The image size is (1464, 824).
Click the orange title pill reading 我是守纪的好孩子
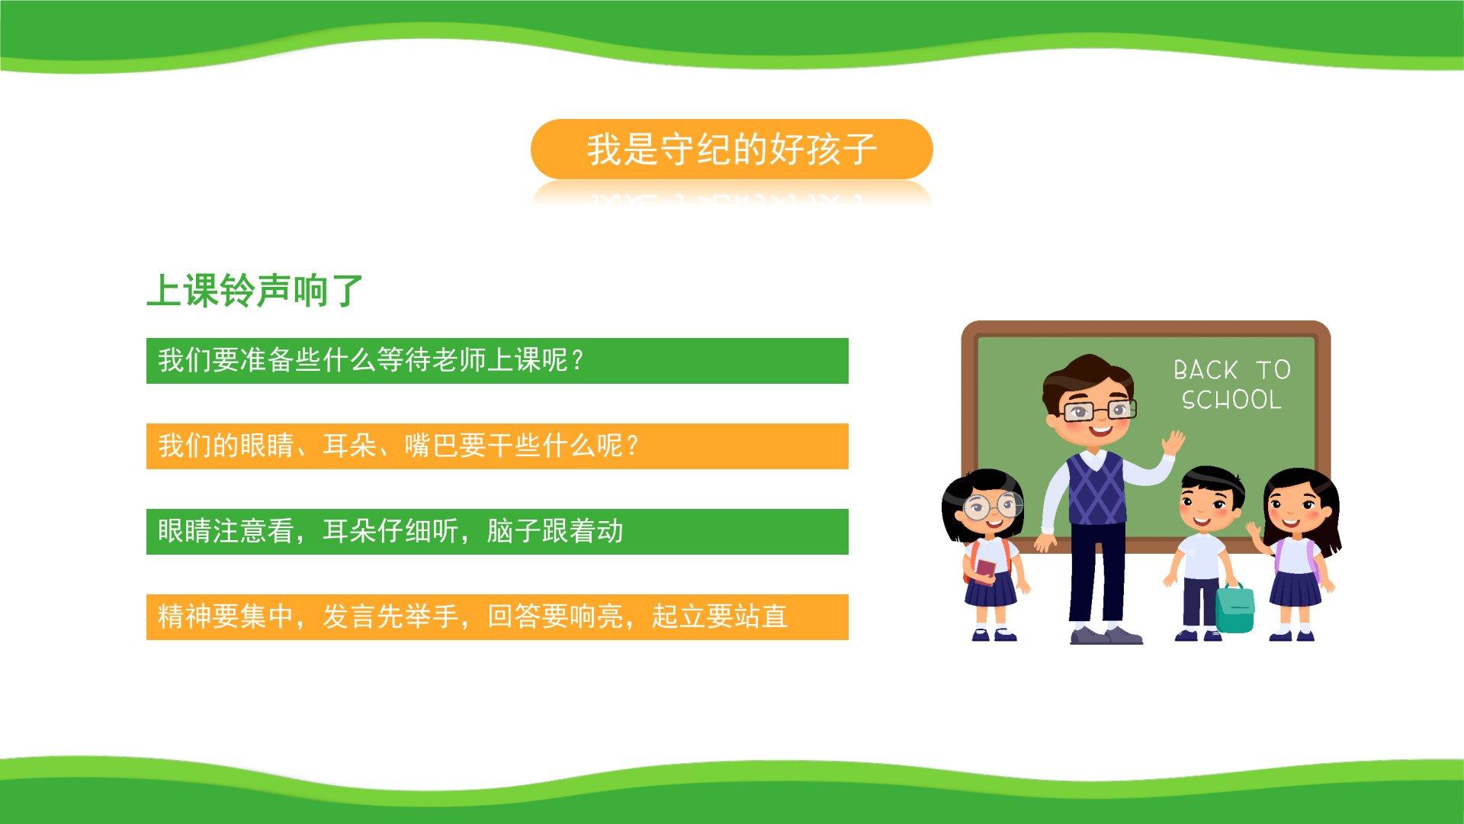(x=731, y=149)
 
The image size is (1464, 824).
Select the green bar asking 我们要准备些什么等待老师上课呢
(x=497, y=361)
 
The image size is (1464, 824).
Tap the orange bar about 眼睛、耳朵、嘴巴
(x=497, y=446)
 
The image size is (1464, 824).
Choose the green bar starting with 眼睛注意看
(x=497, y=532)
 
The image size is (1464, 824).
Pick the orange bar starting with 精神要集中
(x=497, y=617)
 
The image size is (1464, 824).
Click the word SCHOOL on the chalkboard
(x=1231, y=400)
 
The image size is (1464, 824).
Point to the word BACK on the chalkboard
(x=1206, y=370)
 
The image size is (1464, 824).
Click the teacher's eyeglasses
(x=1096, y=411)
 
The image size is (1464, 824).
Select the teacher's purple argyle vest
(x=1096, y=488)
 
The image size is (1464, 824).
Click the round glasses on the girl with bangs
(x=992, y=507)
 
